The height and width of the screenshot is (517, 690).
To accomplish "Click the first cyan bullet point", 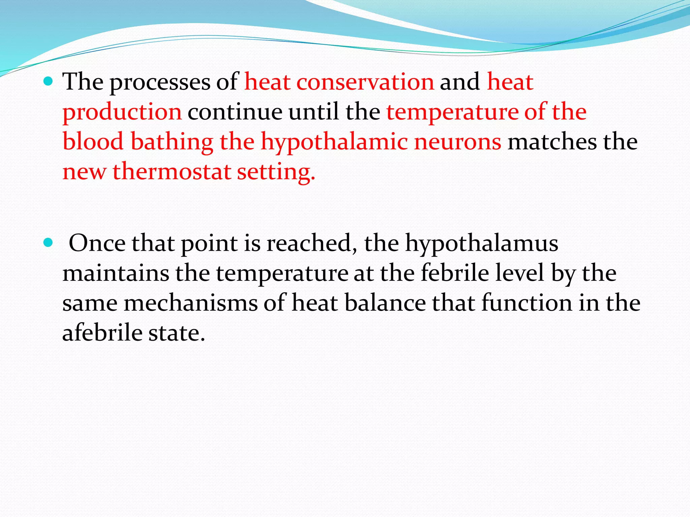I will coord(49,81).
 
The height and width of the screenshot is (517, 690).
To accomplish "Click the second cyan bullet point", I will coord(49,242).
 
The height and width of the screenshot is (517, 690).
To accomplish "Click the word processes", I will coord(160,82).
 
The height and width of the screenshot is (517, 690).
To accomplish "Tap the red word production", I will coord(122,112).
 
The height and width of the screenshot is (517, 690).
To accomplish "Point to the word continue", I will coord(235,112).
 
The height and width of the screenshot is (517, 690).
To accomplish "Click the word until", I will coord(314,112).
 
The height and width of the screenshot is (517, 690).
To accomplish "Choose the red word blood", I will coord(93,141).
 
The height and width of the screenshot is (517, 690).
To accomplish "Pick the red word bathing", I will coord(172,142).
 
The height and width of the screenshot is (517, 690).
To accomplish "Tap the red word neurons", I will coord(458,142).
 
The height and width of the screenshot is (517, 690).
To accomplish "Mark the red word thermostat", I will coord(171,172).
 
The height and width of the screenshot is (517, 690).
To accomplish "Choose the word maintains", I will coord(116,273).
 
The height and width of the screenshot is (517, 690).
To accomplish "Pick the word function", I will coord(527,303).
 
